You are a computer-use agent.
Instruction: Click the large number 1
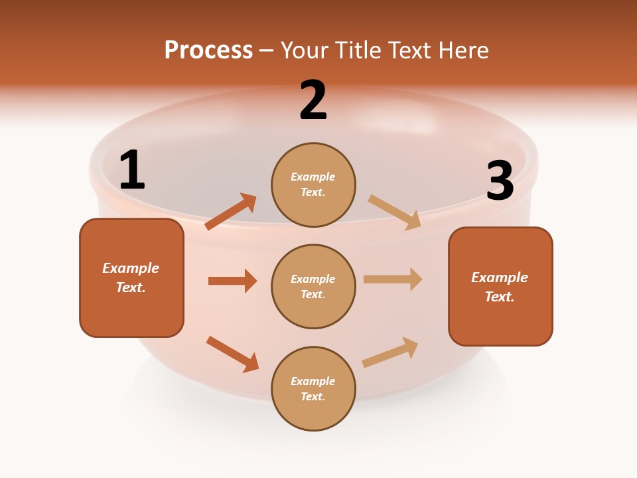(132, 171)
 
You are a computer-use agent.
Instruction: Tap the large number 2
(313, 100)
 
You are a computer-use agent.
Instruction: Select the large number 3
(500, 181)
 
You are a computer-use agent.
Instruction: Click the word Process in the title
(208, 50)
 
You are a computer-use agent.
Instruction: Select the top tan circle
(313, 184)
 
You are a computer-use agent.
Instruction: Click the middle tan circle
(313, 286)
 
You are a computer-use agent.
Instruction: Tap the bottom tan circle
(313, 388)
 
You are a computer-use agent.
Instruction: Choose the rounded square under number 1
(131, 278)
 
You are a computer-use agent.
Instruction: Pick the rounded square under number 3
(500, 286)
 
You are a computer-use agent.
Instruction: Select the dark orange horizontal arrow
(232, 281)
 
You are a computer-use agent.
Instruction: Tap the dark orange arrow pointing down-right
(233, 354)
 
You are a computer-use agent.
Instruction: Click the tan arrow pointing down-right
(395, 212)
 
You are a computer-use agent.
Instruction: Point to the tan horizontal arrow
(393, 279)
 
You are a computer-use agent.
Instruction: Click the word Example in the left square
(131, 268)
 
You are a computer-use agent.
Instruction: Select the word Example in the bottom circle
(313, 381)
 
